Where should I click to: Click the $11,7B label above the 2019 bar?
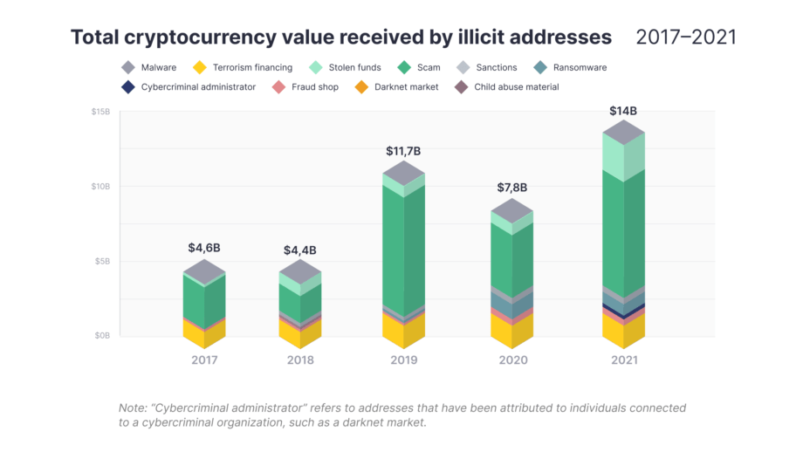point(403,151)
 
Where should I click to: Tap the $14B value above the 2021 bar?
point(623,111)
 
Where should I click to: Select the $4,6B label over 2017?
point(204,248)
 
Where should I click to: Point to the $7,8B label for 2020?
point(512,188)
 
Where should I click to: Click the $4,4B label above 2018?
point(299,250)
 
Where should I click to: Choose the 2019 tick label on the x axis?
point(403,360)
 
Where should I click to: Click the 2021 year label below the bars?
point(623,360)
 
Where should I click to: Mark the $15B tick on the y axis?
point(100,112)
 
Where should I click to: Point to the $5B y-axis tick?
point(102,261)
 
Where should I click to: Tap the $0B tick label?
point(102,336)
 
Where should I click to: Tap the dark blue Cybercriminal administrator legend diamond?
point(128,87)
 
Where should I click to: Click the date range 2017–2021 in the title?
point(685,37)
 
